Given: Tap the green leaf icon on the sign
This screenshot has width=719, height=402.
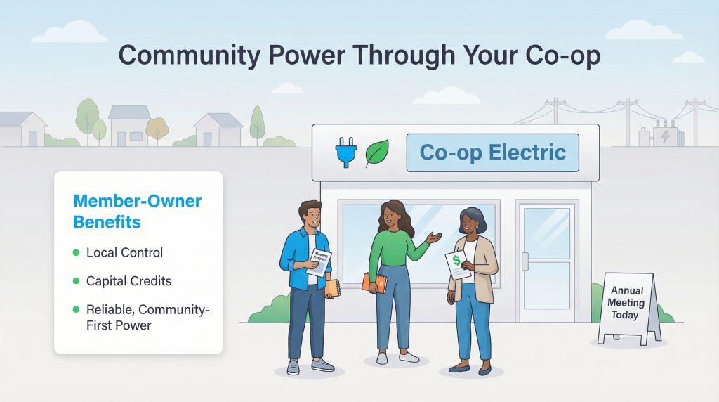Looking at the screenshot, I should [377, 153].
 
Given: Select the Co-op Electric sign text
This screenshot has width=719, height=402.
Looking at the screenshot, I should [492, 152].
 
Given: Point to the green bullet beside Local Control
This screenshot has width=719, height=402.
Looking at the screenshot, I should [75, 252].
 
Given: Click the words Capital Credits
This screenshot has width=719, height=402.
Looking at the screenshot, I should [128, 281].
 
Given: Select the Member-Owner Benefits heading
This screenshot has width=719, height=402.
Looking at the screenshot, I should [137, 212].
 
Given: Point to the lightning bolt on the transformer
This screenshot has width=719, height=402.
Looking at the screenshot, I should [664, 136].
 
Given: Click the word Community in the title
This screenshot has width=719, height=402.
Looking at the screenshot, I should [188, 56].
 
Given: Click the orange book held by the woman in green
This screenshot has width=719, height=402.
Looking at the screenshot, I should [375, 283].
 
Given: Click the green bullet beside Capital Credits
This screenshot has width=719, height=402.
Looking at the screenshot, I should [75, 281].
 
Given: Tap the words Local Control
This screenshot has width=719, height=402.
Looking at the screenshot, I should [124, 252].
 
